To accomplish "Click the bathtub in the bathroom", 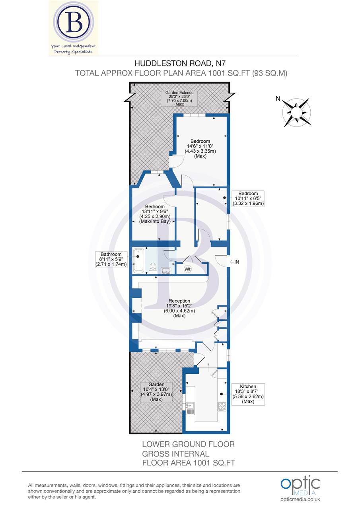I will tap(139, 260).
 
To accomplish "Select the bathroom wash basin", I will tap(167, 271).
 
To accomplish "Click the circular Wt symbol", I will tap(187, 269).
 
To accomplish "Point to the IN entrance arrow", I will tap(235, 262).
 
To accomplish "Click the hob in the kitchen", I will tap(222, 406).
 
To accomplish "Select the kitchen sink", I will tap(190, 406).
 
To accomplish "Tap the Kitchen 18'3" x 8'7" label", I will tap(248, 394).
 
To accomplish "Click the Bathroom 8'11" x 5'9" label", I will tap(111, 259).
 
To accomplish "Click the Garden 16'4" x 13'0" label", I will tap(157, 392).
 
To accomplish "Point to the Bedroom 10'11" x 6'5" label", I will tap(248, 198).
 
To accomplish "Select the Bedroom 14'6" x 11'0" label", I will tap(200, 149).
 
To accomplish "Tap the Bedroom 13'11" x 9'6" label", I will tap(155, 214).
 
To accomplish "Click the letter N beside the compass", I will tap(278, 99).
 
